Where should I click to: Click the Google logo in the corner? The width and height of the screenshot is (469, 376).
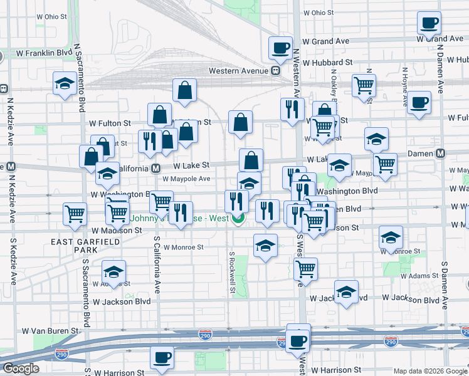pos(21,368)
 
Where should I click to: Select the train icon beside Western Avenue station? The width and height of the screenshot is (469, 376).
pos(275,71)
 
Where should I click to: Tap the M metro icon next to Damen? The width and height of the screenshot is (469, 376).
pos(440,153)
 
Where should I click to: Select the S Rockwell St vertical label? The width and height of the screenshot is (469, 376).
pos(231,273)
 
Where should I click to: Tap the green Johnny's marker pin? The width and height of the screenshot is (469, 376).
pos(238,219)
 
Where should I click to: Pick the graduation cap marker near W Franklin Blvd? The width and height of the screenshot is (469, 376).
pos(65,84)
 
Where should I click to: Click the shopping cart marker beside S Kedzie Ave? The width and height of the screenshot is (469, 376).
pos(75,214)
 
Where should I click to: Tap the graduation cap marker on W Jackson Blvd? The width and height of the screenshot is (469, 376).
pos(346,291)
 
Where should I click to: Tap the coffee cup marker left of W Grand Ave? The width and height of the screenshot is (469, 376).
pos(280,47)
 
